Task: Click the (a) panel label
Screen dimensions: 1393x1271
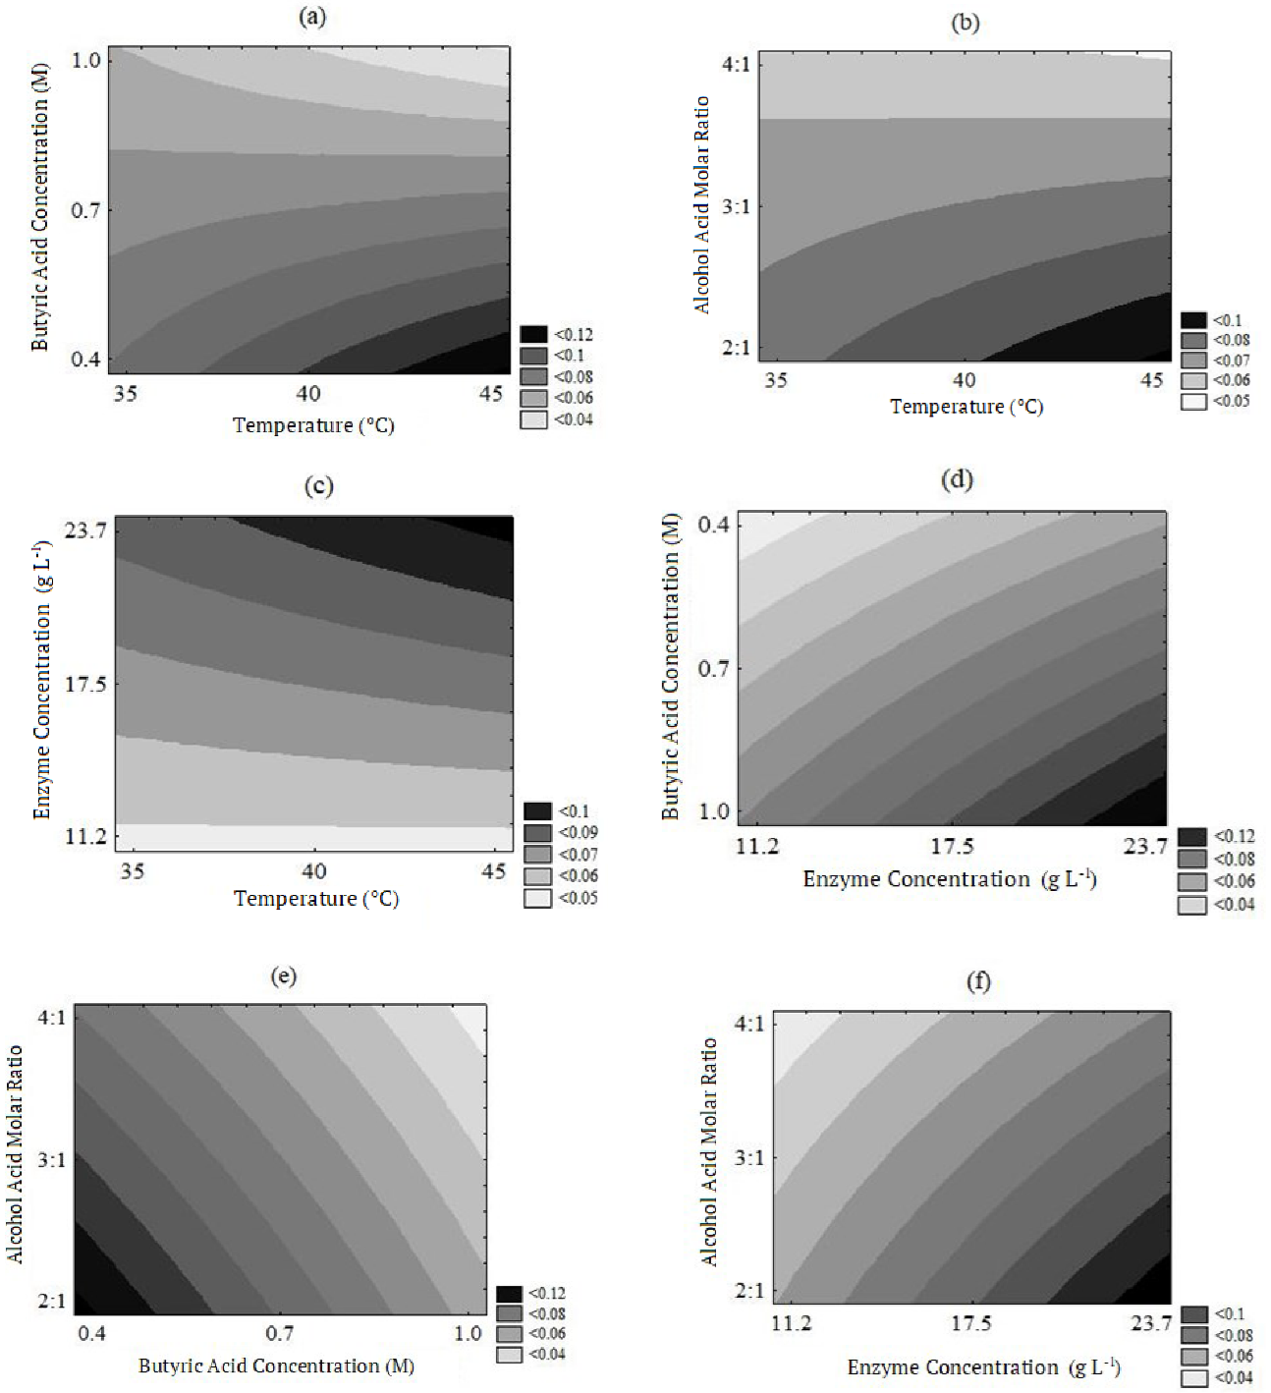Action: click(312, 17)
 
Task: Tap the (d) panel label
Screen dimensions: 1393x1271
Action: click(956, 479)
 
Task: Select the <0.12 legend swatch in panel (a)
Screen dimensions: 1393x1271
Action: click(533, 335)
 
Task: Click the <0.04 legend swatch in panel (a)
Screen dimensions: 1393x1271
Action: click(533, 419)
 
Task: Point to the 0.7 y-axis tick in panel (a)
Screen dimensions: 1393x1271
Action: click(85, 210)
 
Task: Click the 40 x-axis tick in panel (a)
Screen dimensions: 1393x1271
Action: click(308, 393)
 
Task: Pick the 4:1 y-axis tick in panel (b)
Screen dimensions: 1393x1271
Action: click(736, 65)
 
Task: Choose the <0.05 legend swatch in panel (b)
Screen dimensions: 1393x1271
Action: click(1193, 401)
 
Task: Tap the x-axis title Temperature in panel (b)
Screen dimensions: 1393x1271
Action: click(967, 407)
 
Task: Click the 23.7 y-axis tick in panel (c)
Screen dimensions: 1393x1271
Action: click(85, 530)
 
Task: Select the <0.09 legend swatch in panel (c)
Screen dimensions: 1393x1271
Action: click(537, 833)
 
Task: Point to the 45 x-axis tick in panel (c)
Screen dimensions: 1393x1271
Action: click(494, 871)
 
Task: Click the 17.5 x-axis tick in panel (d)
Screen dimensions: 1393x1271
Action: click(952, 847)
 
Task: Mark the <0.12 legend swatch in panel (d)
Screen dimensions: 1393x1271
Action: click(1191, 837)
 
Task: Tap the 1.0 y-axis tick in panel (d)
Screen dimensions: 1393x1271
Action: click(714, 811)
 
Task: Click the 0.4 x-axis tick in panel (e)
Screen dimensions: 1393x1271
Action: click(92, 1333)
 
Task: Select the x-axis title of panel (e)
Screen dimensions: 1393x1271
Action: click(276, 1366)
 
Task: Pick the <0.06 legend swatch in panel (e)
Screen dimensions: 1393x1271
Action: click(509, 1334)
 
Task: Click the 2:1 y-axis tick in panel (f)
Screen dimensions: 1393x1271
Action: click(749, 1291)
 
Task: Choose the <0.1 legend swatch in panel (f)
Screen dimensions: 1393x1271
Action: click(1193, 1314)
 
